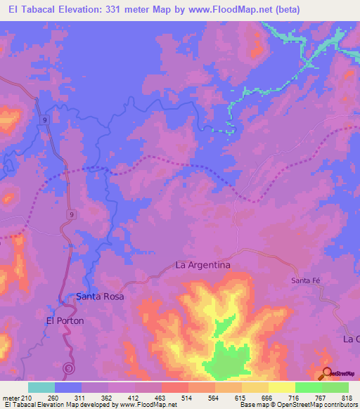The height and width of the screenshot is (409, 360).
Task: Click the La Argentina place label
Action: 202,265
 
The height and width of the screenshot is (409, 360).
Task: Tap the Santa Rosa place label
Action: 100,297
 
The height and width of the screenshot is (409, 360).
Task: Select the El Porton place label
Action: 65,320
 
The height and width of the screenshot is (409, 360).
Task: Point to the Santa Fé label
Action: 306,280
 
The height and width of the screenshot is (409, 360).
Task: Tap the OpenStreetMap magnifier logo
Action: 327,373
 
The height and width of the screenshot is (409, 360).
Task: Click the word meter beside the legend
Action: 12,397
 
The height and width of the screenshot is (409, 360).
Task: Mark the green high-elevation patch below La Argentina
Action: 229,361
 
